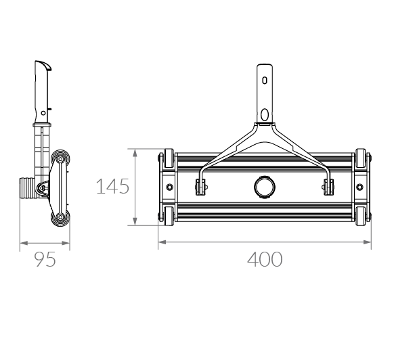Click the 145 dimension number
tap(112, 186)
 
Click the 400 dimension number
tap(265, 259)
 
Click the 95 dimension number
tap(45, 260)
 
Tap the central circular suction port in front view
tap(265, 187)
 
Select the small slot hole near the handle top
tap(265, 81)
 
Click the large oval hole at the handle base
tap(265, 115)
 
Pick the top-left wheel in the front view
tap(169, 158)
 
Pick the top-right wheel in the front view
tap(361, 158)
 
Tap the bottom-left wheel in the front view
tap(169, 216)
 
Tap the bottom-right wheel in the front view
tap(361, 216)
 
